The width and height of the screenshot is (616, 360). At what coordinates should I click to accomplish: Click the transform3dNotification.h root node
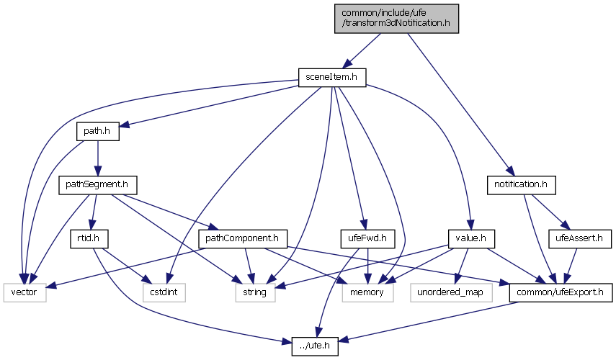tap(396, 17)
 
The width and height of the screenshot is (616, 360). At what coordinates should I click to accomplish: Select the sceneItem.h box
tap(332, 76)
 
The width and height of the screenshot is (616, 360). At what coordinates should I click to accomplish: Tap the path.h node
tap(97, 132)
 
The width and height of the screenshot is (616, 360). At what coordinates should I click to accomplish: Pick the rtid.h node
tap(89, 238)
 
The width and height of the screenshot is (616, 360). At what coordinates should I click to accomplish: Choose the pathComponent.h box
tap(242, 238)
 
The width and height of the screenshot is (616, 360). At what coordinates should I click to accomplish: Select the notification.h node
tap(521, 185)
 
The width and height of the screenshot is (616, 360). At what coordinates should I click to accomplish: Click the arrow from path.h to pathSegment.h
tap(97, 158)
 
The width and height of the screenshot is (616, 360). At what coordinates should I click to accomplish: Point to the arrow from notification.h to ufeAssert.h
tap(550, 212)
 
